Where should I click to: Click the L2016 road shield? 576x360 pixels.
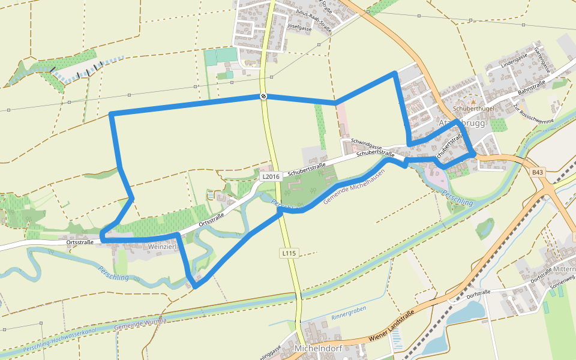click(x=271, y=177)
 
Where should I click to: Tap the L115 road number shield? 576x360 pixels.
click(x=289, y=254)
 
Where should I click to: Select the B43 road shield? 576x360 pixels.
click(x=538, y=173)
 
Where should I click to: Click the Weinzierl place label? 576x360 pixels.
click(x=163, y=247)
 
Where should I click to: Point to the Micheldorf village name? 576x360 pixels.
click(x=319, y=349)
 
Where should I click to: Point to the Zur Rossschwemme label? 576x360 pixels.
click(x=533, y=112)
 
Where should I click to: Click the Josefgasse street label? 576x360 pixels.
click(x=300, y=28)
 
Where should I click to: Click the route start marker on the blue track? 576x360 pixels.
click(x=263, y=97)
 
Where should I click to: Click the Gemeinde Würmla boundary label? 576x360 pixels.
click(x=140, y=323)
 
